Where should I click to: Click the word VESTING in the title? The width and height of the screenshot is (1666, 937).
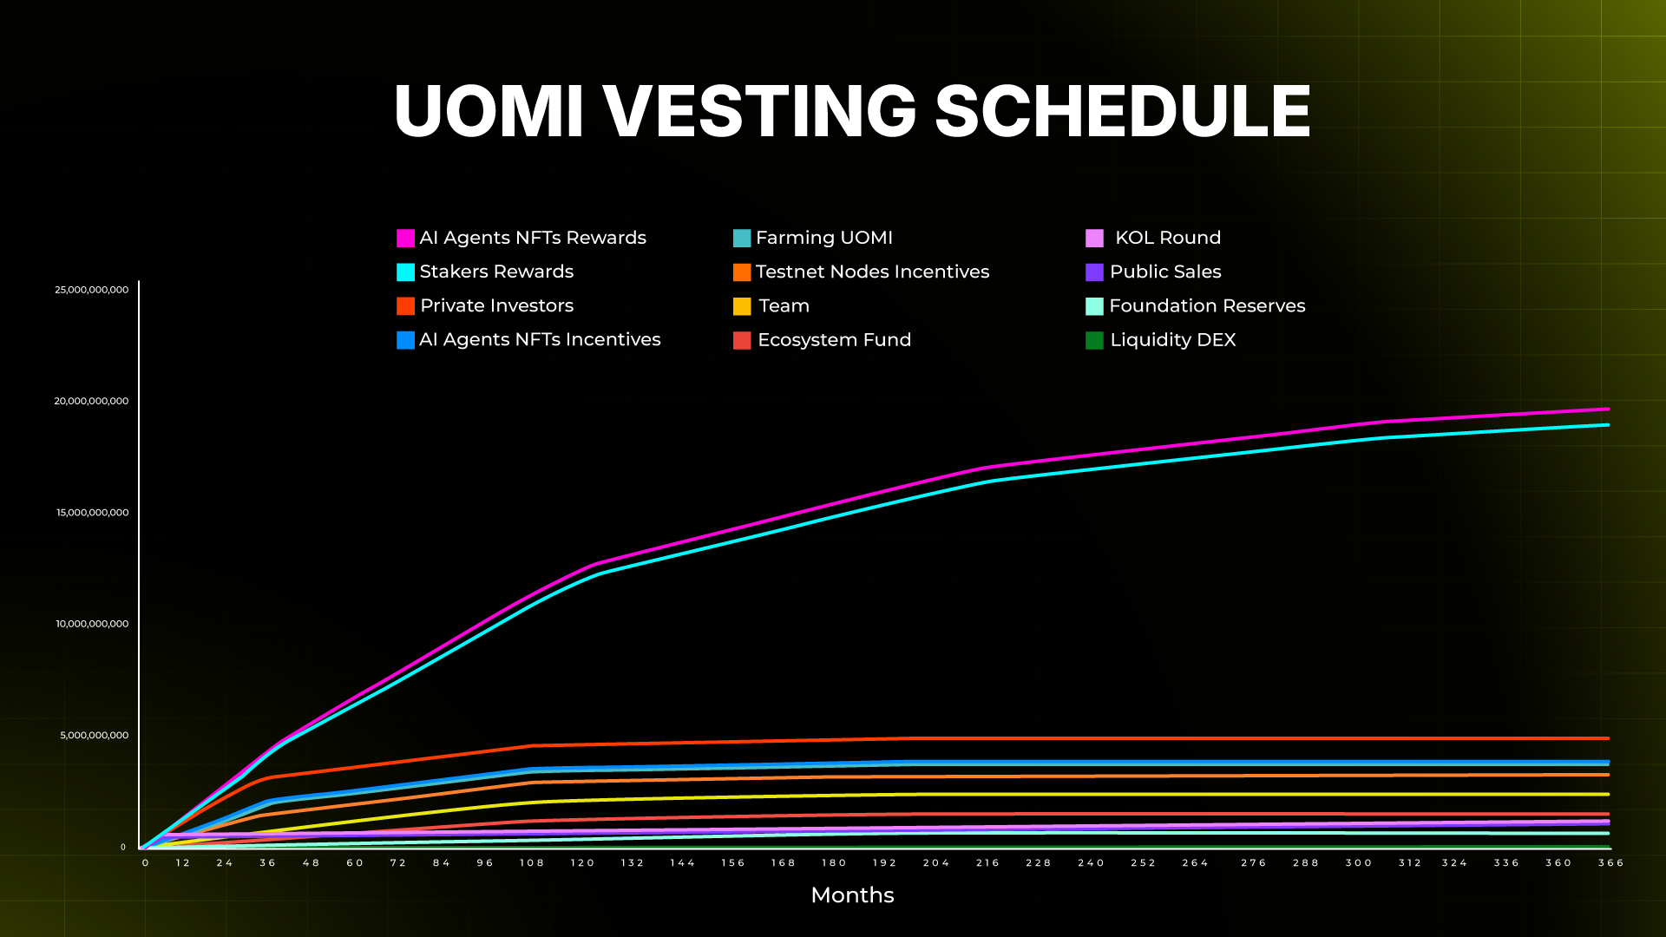759,112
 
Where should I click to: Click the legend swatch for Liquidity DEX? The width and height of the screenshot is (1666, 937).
1094,340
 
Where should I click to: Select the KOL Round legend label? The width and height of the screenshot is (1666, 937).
1167,238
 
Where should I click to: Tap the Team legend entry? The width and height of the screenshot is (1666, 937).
784,306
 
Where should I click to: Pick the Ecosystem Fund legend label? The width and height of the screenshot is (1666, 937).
834,340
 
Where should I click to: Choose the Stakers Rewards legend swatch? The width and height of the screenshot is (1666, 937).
405,272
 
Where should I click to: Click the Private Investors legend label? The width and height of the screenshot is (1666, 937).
496,306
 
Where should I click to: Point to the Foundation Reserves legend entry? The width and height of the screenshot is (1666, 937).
1206,306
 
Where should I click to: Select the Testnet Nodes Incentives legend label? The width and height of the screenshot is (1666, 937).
872,272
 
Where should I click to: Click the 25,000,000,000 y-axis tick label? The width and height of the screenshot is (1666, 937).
91,290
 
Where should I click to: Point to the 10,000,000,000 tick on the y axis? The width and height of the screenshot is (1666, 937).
92,624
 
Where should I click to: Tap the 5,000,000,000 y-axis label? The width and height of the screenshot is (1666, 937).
94,736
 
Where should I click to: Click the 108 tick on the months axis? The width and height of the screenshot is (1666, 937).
532,863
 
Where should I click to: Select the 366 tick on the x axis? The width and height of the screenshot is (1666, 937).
1610,863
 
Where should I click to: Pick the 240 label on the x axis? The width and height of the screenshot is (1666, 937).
1091,863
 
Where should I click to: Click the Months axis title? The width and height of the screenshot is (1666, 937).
852,895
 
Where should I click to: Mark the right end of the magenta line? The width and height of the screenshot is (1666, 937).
1607,410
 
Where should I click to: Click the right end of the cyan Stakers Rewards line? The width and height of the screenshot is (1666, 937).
1607,425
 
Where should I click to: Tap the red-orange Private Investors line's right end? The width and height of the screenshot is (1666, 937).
1607,738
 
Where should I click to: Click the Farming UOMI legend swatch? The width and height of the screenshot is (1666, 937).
742,239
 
